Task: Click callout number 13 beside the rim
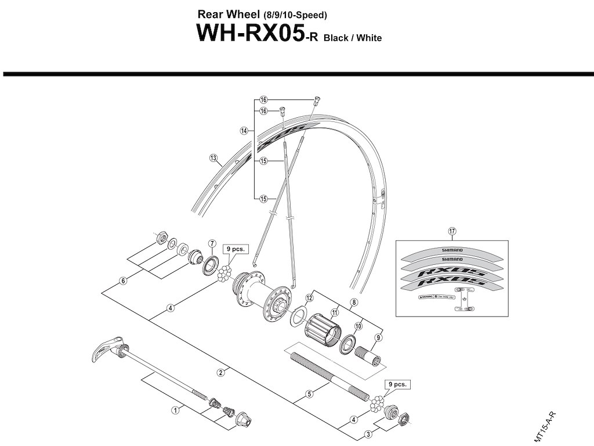[213, 157]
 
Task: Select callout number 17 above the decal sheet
[453, 231]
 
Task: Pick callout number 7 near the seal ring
[212, 243]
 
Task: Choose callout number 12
[309, 297]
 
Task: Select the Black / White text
[352, 38]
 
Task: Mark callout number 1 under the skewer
[174, 409]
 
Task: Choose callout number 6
[123, 280]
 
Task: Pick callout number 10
[358, 326]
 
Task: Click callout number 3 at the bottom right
[368, 433]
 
